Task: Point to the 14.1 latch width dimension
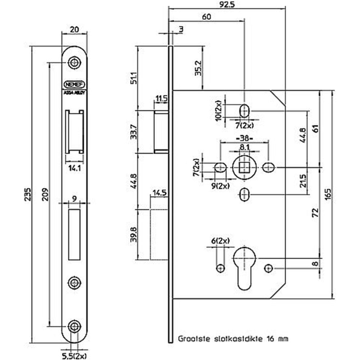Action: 74,167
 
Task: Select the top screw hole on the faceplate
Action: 75,62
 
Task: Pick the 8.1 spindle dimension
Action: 244,147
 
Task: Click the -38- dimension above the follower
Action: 244,138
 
